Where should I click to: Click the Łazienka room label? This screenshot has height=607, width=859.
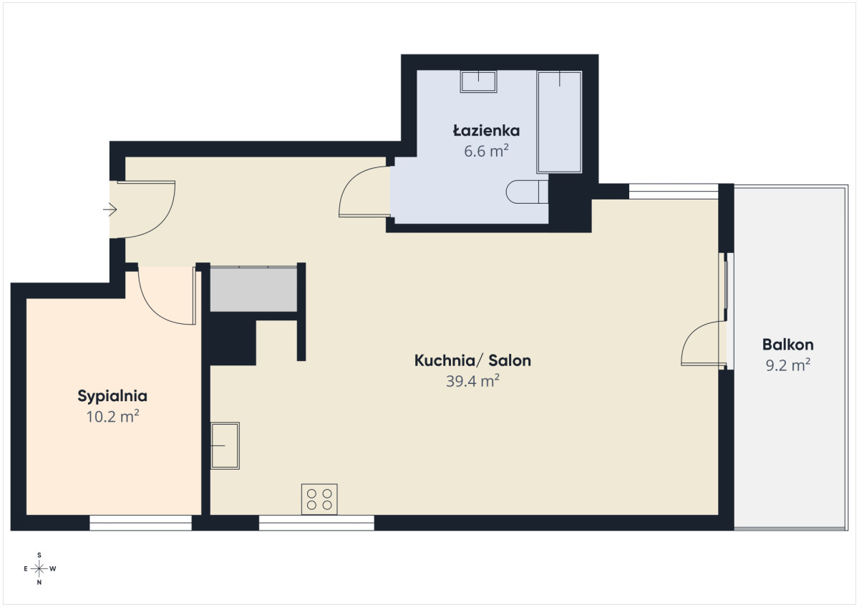coord(486,131)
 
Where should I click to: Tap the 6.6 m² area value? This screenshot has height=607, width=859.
coord(486,152)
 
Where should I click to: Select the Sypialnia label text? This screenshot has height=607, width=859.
coord(112,396)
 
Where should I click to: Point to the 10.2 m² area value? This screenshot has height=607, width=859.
coord(112,417)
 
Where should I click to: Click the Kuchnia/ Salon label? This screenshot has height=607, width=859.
coord(472,361)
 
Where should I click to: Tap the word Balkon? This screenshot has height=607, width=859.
coord(787,345)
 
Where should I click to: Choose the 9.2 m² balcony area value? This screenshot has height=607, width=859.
coord(787,365)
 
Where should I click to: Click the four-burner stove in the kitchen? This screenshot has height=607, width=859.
coord(319,499)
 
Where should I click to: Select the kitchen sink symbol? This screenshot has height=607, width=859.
coord(225,445)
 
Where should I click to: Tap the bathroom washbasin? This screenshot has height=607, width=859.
coord(479,82)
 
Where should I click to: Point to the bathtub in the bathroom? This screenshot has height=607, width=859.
coord(560,122)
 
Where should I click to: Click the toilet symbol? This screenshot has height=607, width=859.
coord(527,192)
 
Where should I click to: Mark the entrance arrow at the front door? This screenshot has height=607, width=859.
coord(110,209)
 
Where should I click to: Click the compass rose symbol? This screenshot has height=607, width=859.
coord(39,568)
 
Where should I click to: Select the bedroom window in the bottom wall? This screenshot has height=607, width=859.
coord(141,523)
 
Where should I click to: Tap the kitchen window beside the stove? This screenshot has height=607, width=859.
coord(316,523)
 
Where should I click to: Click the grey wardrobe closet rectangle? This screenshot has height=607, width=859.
coord(253,290)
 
